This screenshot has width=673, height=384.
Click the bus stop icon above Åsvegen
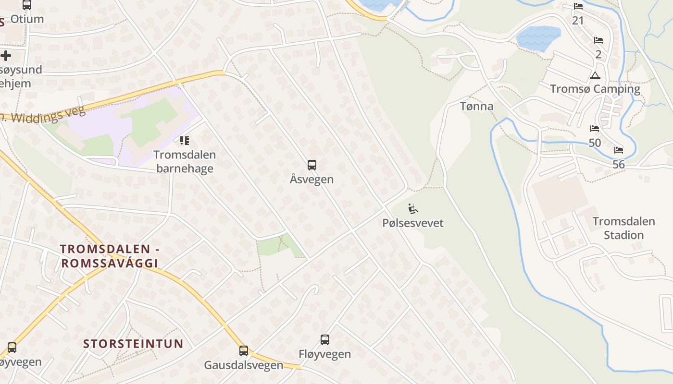(312, 165)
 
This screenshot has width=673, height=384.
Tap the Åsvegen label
(312, 180)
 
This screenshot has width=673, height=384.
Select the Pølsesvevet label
(413, 223)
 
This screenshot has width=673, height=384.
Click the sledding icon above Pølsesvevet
(413, 209)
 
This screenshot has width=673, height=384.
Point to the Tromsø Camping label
(595, 89)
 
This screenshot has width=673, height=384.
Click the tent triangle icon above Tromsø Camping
(595, 75)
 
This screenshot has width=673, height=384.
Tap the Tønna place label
(477, 107)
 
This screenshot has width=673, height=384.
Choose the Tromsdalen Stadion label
(624, 228)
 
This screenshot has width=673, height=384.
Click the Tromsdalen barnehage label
(185, 161)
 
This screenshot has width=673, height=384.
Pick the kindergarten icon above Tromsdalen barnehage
(185, 141)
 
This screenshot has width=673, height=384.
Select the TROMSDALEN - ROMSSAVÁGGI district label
(110, 256)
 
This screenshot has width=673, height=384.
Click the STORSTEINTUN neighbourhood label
(134, 344)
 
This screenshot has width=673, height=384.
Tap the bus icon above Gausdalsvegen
(244, 351)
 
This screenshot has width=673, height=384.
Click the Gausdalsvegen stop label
(244, 365)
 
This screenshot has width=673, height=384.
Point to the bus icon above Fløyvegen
(325, 340)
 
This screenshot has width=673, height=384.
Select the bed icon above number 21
(578, 6)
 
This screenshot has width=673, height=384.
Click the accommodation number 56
(619, 165)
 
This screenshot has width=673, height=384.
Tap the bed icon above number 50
(595, 129)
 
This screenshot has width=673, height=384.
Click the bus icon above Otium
(27, 5)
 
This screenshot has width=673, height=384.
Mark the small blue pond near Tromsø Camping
(538, 38)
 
